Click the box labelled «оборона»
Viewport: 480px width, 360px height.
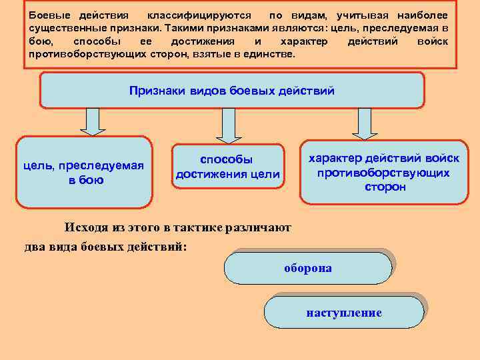pos(307,268)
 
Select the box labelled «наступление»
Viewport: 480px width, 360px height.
pos(344,312)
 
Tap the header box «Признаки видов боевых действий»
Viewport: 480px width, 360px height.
pos(231,91)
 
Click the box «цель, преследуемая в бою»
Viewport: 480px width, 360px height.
pos(83,173)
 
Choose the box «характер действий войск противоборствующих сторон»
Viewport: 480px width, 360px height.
pos(383,172)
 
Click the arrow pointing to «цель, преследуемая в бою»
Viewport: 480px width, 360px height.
pos(93,122)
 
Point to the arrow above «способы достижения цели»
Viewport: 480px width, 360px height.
pos(228,125)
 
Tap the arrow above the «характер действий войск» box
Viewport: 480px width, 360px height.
pos(364,123)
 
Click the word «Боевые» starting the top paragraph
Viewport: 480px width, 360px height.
pos(47,15)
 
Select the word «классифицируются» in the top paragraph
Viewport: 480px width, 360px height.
pos(199,15)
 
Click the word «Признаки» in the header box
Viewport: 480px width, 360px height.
pos(155,91)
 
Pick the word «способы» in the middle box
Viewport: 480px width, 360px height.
pos(227,160)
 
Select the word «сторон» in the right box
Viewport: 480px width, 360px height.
pos(385,187)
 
